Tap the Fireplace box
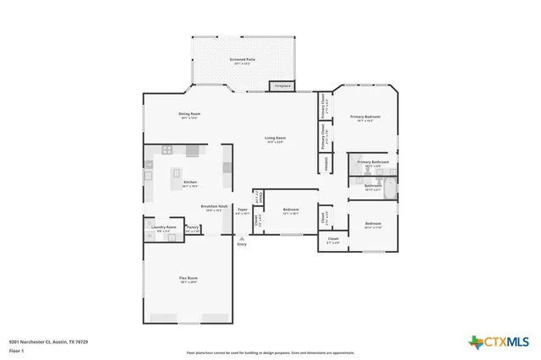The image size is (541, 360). click(281, 85)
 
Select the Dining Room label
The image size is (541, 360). click(189, 115)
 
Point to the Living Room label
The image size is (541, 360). click(275, 139)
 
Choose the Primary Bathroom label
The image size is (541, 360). click(373, 162)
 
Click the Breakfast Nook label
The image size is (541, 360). click(211, 207)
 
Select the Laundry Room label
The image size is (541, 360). click(164, 228)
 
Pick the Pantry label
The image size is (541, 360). click(193, 228)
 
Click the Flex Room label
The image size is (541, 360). click(189, 279)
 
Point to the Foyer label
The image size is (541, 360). click(242, 210)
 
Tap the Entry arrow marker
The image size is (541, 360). click(242, 238)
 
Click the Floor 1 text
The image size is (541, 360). click(17, 350)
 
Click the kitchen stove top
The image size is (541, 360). click(167, 150)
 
